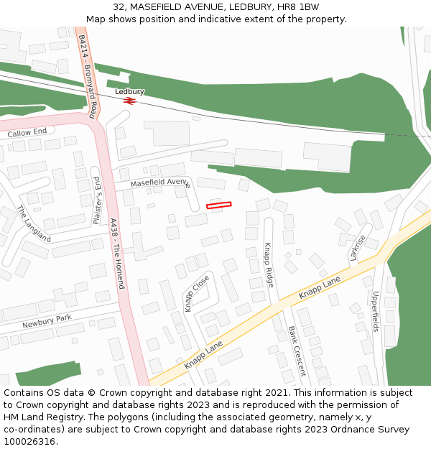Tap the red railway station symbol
[x=129, y=101]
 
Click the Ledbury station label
[x=130, y=92]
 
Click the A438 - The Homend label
[x=118, y=254]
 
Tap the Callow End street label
[x=27, y=132]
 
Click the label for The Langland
[x=34, y=223]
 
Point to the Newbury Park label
[x=47, y=321]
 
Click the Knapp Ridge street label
[x=269, y=265]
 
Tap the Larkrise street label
[x=357, y=247]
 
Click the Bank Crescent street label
[x=297, y=351]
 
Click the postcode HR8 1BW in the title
[x=298, y=6]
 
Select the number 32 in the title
[x=119, y=6]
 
